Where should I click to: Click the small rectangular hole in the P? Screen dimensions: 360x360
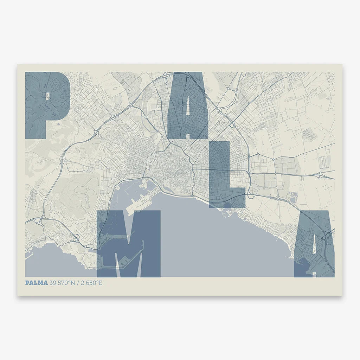(47, 96)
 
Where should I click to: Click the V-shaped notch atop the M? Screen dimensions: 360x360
(129, 225)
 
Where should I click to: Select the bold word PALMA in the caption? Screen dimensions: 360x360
(36, 283)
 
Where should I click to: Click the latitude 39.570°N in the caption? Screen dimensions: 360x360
(63, 283)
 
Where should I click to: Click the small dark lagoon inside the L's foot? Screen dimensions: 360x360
(227, 205)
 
